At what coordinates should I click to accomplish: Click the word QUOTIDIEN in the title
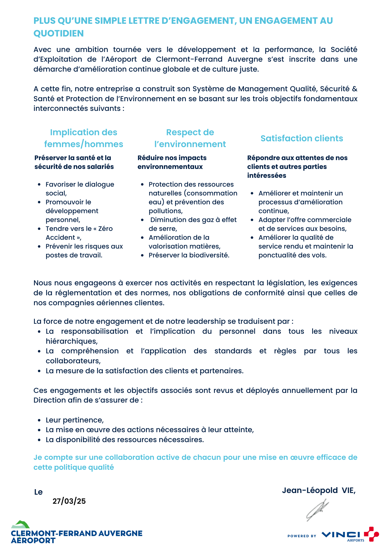pyautogui.click(x=58, y=33)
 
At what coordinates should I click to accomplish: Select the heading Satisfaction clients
pyautogui.click(x=302, y=138)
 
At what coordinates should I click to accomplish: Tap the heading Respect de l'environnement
pyautogui.click(x=190, y=138)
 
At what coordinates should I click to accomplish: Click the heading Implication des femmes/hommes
pyautogui.click(x=84, y=138)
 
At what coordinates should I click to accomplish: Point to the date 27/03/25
pyautogui.click(x=69, y=501)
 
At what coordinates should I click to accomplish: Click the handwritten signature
pyautogui.click(x=317, y=510)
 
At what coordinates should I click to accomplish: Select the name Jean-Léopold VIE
pyautogui.click(x=319, y=490)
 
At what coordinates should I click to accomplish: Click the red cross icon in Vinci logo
pyautogui.click(x=371, y=534)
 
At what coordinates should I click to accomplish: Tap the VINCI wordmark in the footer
pyautogui.click(x=341, y=534)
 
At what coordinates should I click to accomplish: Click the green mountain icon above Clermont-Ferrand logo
pyautogui.click(x=20, y=524)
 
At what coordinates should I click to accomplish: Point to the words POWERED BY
pyautogui.click(x=302, y=536)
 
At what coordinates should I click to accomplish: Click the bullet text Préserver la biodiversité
pyautogui.click(x=189, y=255)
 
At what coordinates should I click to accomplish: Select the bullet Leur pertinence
pyautogui.click(x=75, y=420)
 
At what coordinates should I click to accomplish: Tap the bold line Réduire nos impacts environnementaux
pyautogui.click(x=172, y=162)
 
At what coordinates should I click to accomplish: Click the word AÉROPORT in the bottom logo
pyautogui.click(x=33, y=541)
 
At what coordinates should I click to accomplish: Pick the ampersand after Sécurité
pyautogui.click(x=354, y=89)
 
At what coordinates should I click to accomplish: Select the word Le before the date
pyautogui.click(x=38, y=492)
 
